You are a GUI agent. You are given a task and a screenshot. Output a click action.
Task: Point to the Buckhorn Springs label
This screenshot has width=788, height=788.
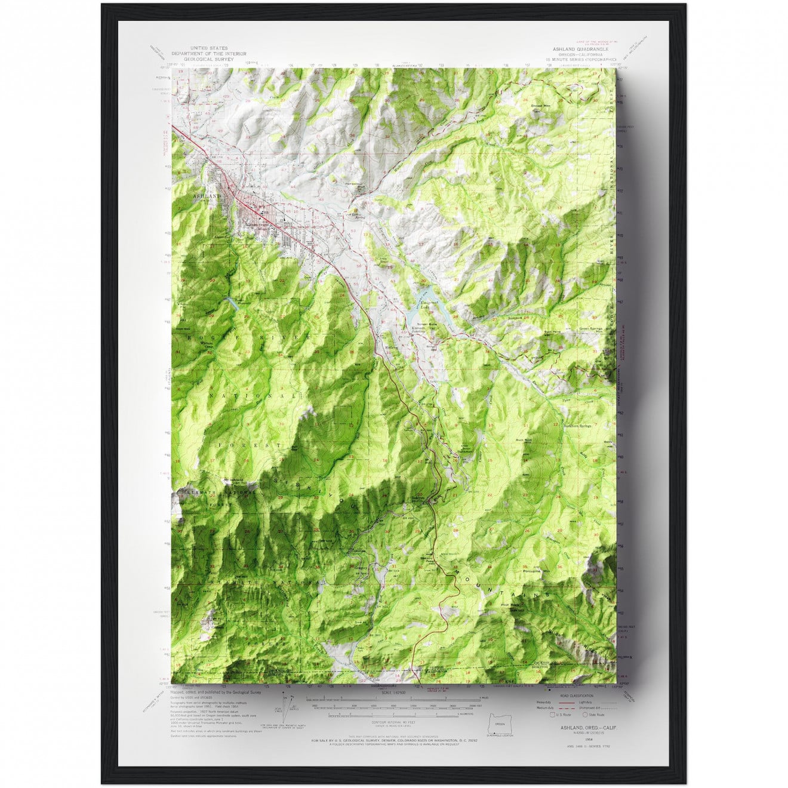[x=578, y=426]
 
